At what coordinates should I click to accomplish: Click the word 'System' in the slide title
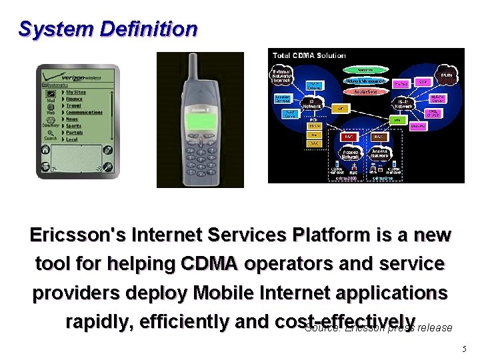(56, 29)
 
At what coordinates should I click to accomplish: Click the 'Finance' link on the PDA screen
(76, 98)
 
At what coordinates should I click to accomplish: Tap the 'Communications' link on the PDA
(83, 112)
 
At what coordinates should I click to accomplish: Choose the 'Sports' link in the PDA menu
(74, 125)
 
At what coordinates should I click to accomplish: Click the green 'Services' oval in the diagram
(365, 69)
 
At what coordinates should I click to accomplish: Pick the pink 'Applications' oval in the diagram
(364, 91)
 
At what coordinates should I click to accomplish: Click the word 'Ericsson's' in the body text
(77, 235)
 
